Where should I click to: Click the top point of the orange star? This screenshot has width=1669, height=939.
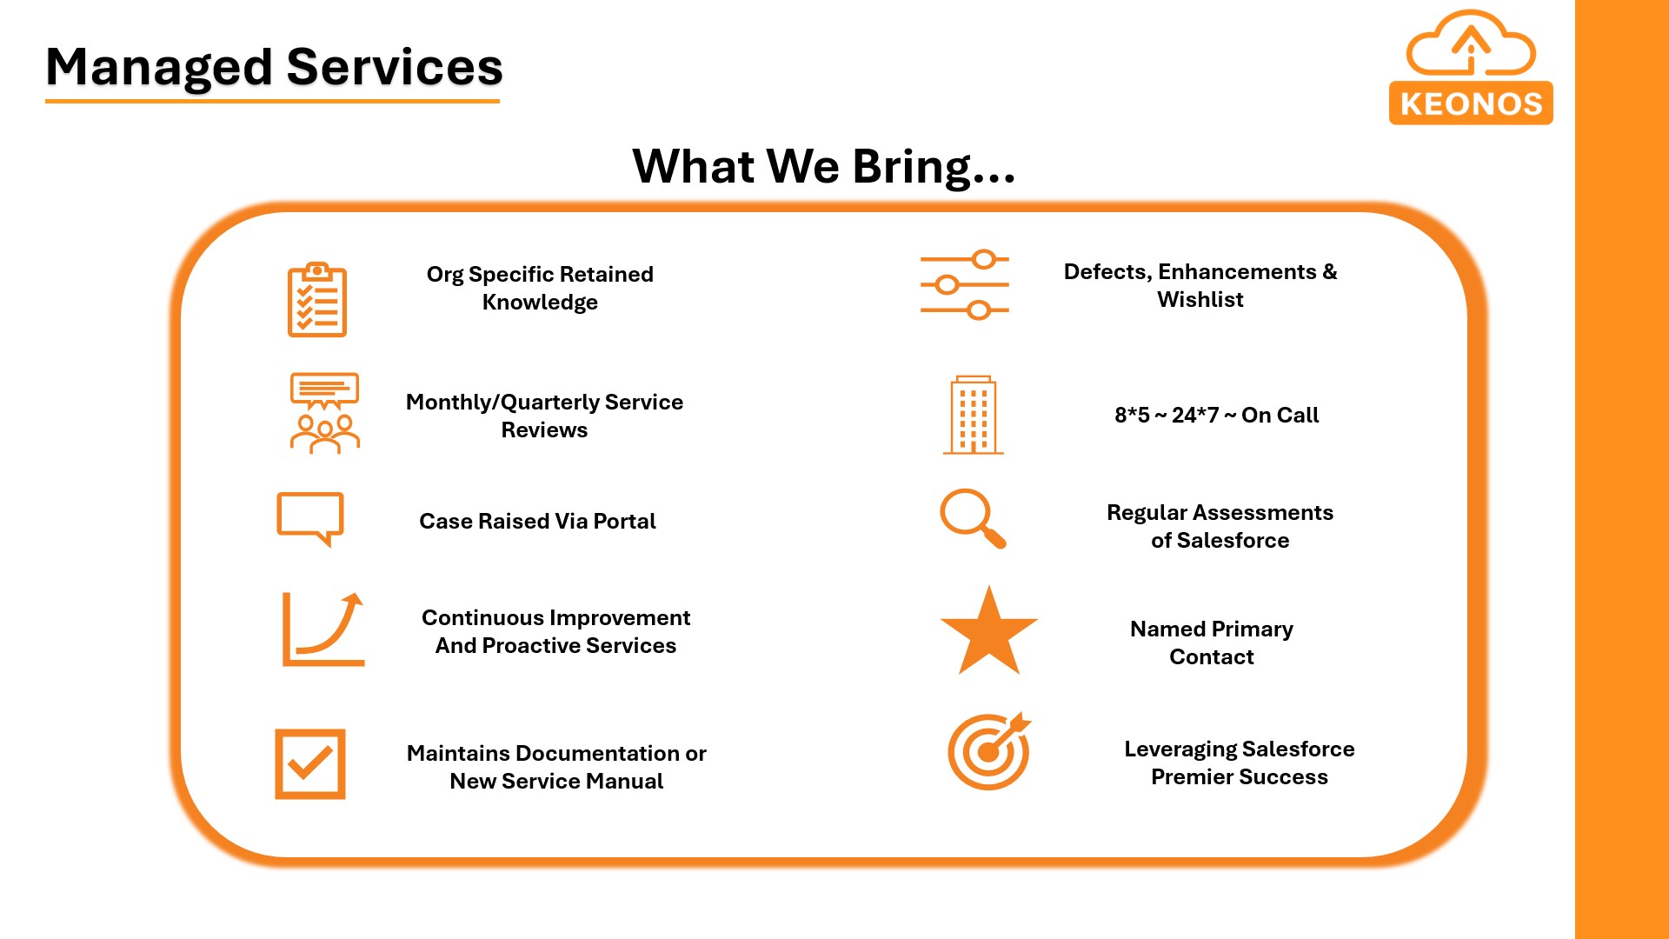[989, 586]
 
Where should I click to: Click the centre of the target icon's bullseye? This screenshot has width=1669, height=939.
[987, 752]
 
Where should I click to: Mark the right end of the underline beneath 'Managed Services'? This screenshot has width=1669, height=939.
[500, 101]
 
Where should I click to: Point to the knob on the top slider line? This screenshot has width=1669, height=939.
[984, 259]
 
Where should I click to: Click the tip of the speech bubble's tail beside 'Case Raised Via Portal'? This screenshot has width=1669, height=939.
[329, 547]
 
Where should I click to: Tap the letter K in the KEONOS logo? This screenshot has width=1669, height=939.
[1411, 104]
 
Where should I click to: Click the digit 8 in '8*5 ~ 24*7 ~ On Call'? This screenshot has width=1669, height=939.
[1121, 416]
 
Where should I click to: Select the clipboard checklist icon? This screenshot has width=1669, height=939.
[317, 299]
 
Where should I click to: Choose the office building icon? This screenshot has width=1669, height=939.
[974, 415]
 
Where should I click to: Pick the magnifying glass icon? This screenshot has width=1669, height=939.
[973, 518]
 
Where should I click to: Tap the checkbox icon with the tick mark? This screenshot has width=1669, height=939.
[310, 764]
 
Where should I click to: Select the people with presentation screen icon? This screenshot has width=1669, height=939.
[324, 413]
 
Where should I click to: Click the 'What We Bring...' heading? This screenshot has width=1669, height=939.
[824, 166]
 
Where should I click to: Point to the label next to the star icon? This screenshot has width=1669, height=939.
[1212, 643]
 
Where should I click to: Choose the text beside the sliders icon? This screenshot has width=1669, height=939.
[1200, 285]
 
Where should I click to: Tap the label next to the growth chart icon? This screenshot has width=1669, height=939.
[555, 631]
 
